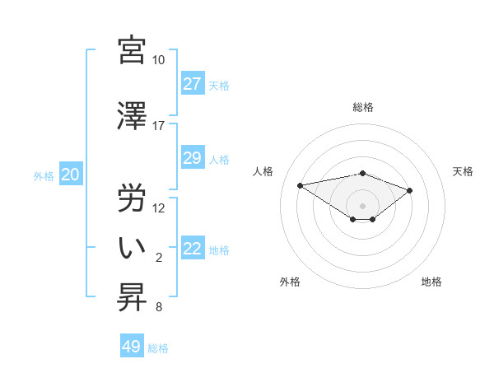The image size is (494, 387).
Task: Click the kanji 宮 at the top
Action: tap(132, 50)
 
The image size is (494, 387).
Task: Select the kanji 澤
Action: tap(132, 117)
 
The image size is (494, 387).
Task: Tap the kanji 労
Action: tap(132, 198)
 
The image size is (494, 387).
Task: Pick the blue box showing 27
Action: tap(193, 84)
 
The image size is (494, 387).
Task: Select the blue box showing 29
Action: tap(193, 158)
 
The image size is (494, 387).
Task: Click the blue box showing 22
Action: tap(193, 249)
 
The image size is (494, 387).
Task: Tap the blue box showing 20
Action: tap(70, 175)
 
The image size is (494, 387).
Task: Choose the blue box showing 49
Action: tap(132, 347)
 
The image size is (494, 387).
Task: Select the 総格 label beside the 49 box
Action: tap(159, 348)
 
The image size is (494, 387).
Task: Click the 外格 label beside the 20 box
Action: tap(44, 175)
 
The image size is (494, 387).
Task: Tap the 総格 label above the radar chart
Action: tap(362, 107)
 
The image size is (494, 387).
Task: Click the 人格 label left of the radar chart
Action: tap(263, 171)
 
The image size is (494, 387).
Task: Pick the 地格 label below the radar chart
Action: tap(431, 282)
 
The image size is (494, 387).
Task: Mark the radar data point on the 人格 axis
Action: tap(301, 184)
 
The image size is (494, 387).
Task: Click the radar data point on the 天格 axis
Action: tap(410, 190)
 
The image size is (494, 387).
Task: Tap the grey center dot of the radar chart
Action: tap(362, 205)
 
